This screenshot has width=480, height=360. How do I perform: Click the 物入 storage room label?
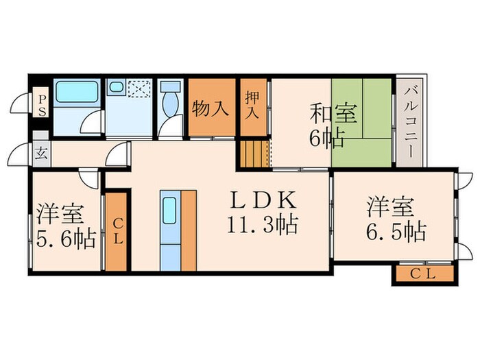[210, 109]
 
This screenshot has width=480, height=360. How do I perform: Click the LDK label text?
[263, 201]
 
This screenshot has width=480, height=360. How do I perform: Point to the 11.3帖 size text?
[263, 225]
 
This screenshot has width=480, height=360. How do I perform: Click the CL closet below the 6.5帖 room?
[424, 275]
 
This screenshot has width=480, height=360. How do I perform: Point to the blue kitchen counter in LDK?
[169, 230]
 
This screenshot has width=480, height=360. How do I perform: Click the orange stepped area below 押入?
[253, 153]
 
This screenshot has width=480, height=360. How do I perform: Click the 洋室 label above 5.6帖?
[60, 213]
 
